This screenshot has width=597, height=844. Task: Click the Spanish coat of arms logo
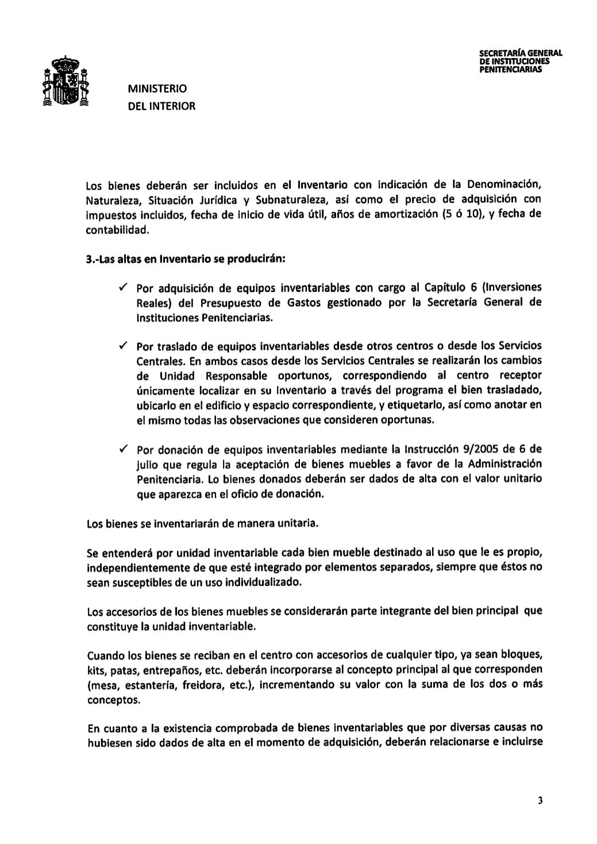tap(66, 82)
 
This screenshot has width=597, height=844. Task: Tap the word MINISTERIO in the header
tap(157, 89)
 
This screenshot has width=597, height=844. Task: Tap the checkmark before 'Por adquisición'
tap(123, 287)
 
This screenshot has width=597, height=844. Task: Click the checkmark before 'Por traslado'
tap(123, 346)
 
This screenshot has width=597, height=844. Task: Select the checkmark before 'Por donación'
tap(123, 449)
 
